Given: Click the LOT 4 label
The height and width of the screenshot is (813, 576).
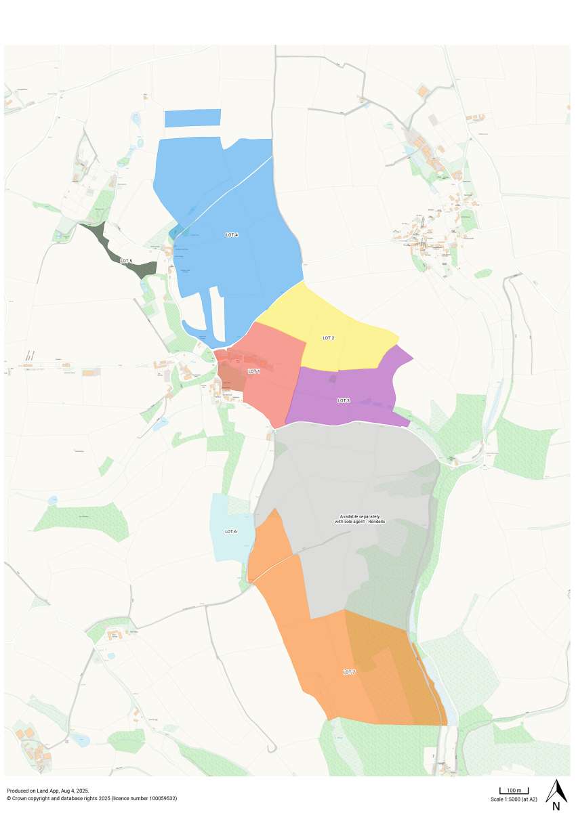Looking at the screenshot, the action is point(232,234).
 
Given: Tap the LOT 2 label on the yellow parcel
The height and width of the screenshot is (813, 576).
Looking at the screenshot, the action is point(329,337).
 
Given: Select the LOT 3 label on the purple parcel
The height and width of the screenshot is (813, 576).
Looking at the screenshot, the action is point(344,400).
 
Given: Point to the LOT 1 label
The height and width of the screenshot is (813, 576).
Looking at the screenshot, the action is point(253,371).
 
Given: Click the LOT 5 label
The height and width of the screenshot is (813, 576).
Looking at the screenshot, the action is point(126,260).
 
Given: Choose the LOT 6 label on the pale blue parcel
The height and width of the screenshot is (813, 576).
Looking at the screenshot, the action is point(230,531).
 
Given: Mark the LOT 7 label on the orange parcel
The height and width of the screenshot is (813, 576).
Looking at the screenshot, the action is point(349,671).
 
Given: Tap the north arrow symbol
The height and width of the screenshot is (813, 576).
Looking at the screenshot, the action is point(556,789).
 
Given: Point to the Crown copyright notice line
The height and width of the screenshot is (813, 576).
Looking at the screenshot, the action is point(91,798).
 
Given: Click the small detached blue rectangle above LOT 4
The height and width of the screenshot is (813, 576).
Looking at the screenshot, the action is point(193,118).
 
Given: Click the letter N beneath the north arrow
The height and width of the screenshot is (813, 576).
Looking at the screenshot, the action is point(556,806).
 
